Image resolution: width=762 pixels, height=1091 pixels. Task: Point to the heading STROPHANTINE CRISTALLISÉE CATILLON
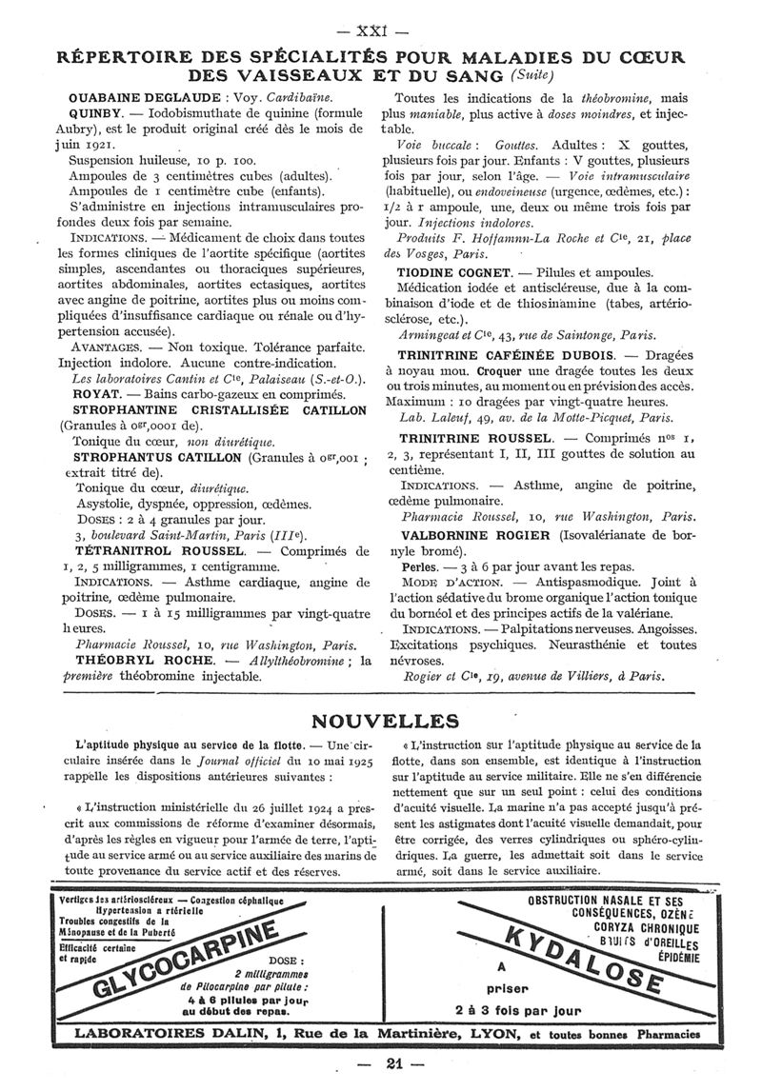tap(218, 410)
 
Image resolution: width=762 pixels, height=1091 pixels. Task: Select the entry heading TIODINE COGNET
tap(451, 271)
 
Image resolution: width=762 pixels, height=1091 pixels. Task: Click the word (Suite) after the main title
tap(531, 75)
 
